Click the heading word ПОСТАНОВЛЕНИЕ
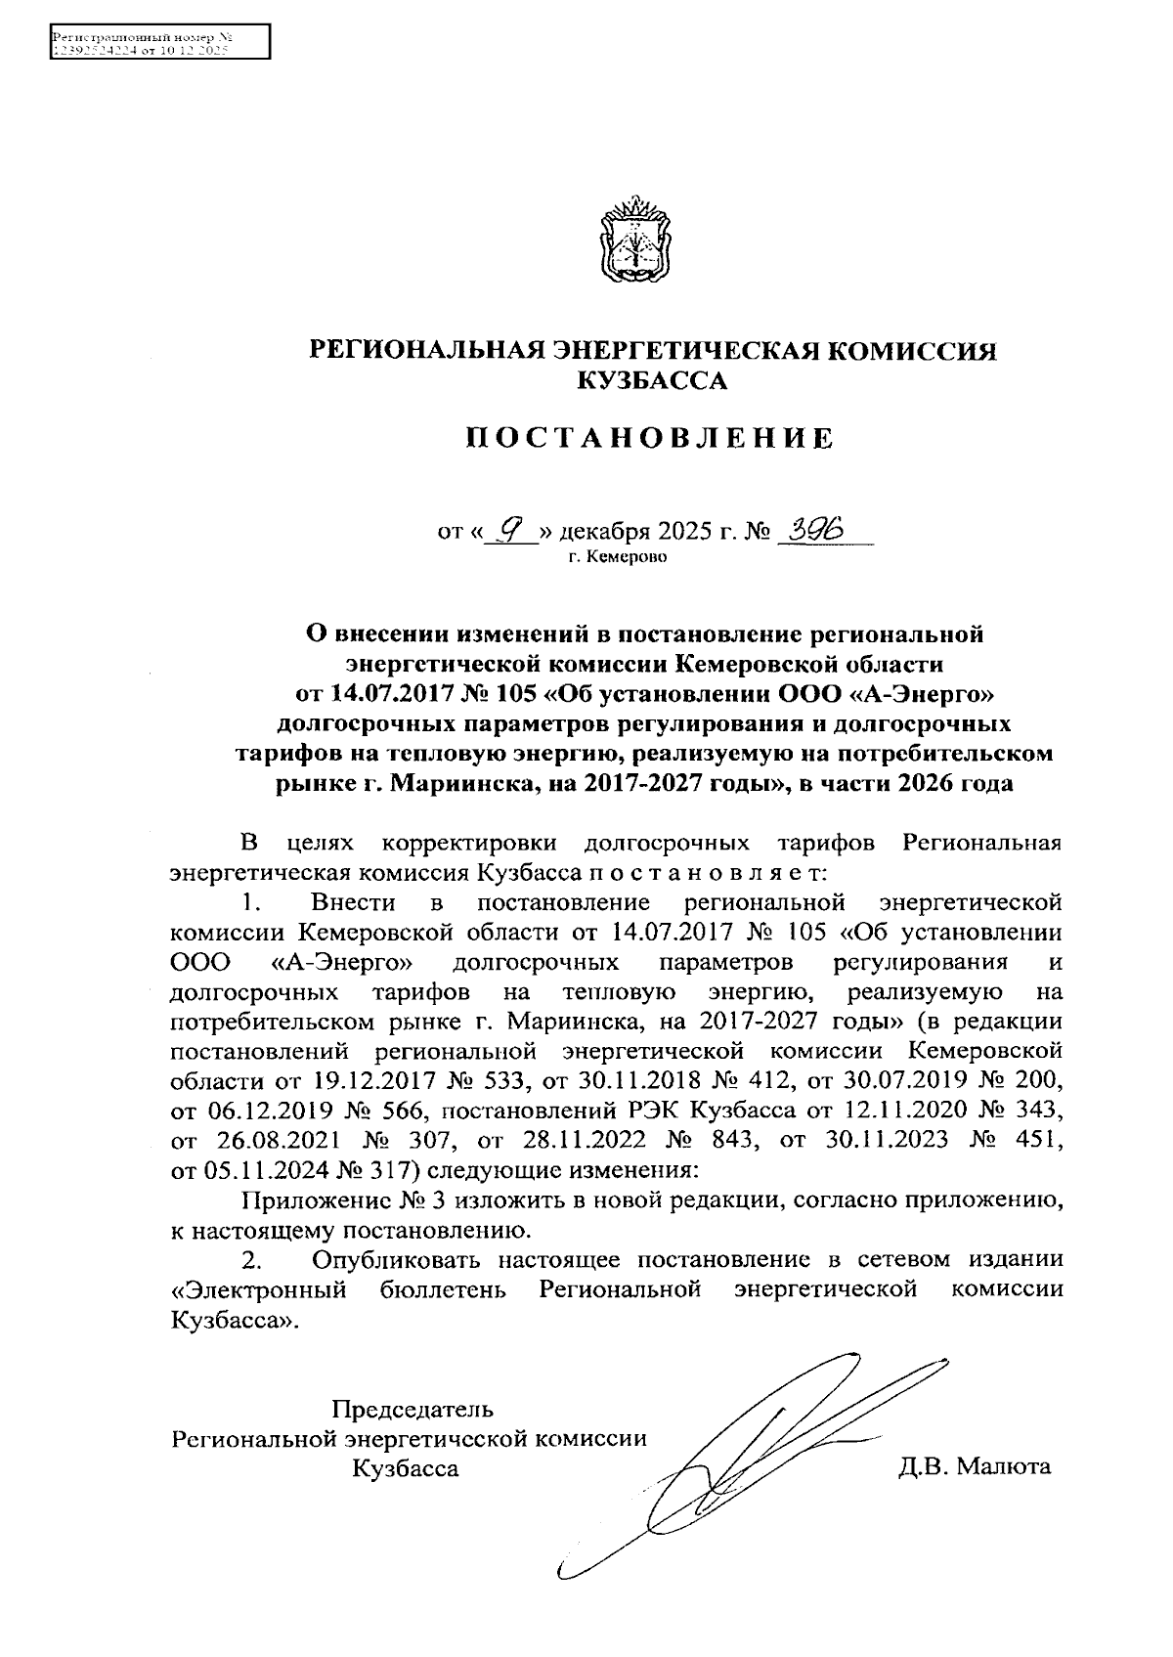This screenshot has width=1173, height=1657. [650, 438]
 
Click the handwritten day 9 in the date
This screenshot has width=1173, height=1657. [509, 529]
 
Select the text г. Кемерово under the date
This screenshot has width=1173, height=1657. [616, 558]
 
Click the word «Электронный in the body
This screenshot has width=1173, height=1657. [258, 1288]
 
